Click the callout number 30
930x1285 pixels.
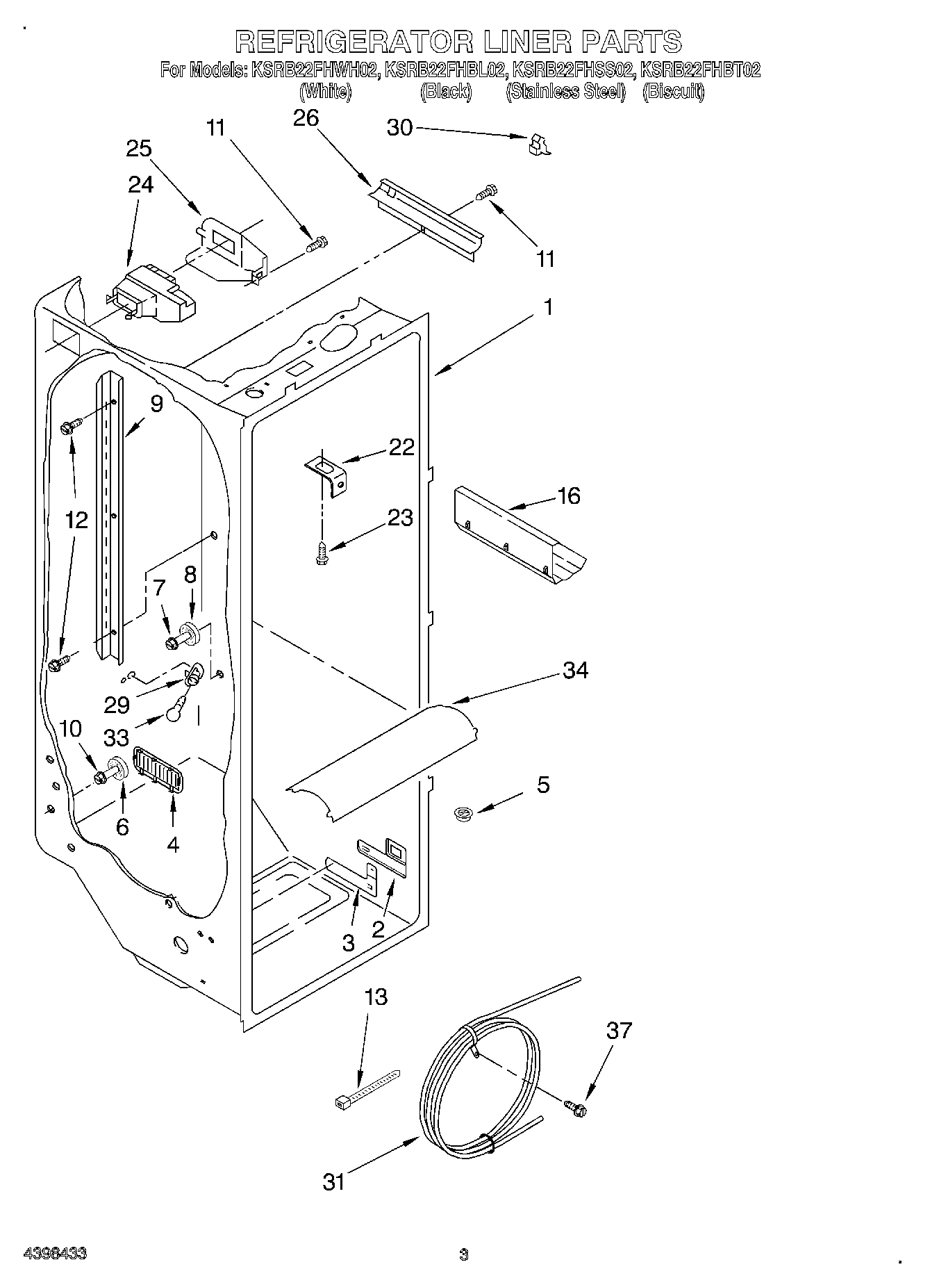399,128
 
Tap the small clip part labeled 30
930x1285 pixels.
538,144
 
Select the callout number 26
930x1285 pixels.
306,118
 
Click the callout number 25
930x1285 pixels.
139,149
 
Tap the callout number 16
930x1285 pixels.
568,496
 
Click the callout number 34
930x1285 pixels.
576,670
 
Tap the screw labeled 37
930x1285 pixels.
576,1109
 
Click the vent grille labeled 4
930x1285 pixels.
157,769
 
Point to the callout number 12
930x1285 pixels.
77,519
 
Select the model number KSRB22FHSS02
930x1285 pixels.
572,69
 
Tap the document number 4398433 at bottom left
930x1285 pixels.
56,1254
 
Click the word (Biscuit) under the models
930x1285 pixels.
674,91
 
